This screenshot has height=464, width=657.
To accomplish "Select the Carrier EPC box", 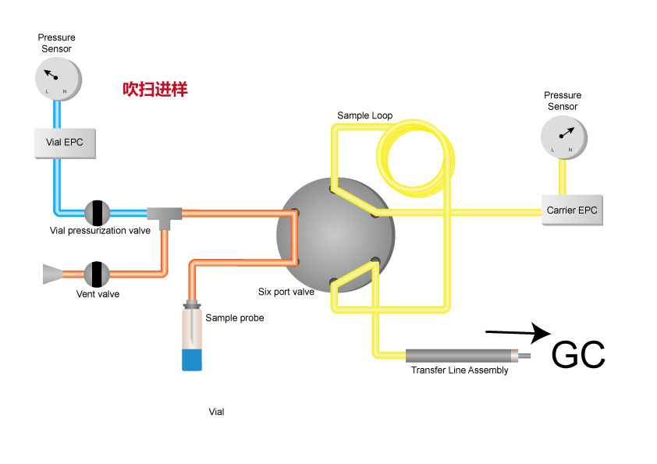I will (x=574, y=211).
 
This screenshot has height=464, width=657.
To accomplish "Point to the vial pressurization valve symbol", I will (x=98, y=212).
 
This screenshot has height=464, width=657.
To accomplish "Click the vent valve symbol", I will (x=97, y=274).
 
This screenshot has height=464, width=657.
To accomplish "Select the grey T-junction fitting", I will (x=165, y=214).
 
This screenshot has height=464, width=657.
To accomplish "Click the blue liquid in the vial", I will (x=191, y=360).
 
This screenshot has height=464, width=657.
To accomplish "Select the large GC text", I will (x=578, y=355).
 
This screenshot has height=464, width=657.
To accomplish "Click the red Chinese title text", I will (x=155, y=89).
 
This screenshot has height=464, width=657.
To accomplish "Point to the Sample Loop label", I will (x=364, y=115).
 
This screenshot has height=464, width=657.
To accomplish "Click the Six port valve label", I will (x=286, y=292).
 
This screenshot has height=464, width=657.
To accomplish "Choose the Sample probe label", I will (x=235, y=317).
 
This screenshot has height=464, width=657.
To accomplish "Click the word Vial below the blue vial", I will (x=217, y=411).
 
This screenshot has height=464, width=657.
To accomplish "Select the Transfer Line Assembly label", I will (x=460, y=370).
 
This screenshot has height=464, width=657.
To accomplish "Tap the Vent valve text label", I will (x=98, y=294).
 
